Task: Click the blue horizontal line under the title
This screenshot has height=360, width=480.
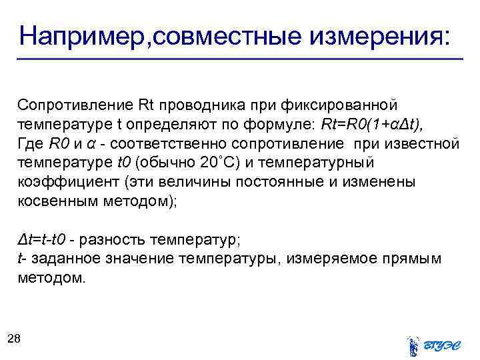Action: [240, 60]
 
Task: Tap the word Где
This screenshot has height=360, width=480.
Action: [31, 143]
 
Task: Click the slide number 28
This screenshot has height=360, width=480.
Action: [14, 339]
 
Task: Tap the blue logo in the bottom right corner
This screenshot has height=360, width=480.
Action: [433, 345]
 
